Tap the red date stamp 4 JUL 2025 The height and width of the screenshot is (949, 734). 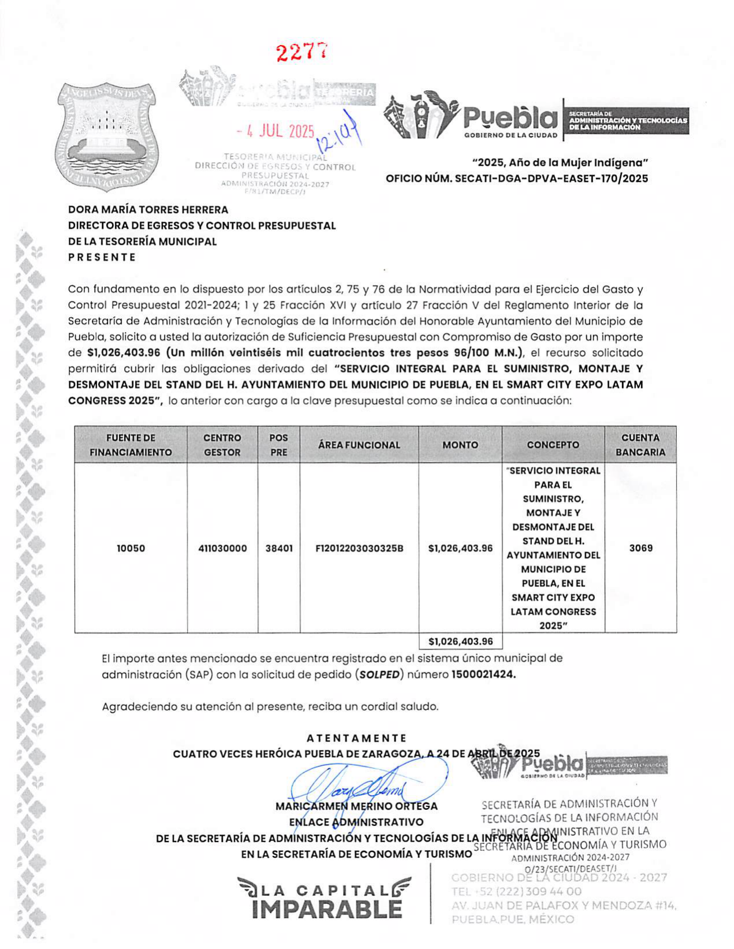(275, 131)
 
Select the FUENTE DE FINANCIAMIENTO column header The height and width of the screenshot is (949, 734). (131, 445)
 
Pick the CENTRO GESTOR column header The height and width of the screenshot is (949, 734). (222, 445)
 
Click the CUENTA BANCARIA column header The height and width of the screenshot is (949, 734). (640, 445)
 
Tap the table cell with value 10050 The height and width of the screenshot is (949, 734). (131, 548)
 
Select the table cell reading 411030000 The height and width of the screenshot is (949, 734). (222, 548)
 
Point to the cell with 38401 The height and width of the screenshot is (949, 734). (278, 548)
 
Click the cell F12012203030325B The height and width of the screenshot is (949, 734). (359, 548)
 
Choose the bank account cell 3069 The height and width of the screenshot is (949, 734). (640, 548)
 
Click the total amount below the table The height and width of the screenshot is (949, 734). (460, 641)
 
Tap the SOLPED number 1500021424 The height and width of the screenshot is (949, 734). (483, 674)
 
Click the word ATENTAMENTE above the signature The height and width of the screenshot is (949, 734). (356, 738)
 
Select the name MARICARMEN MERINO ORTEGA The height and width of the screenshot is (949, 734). (356, 806)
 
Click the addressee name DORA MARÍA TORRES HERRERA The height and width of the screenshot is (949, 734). (148, 210)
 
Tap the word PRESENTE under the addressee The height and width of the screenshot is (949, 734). (102, 257)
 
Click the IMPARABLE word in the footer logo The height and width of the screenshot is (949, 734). (327, 910)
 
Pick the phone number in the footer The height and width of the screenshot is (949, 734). (516, 891)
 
